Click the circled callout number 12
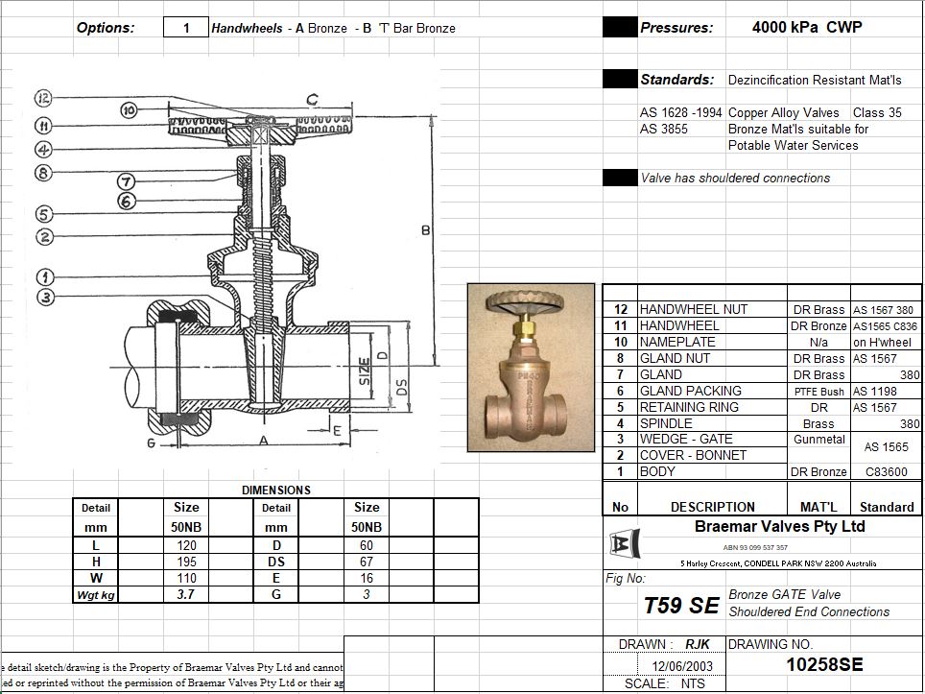click(x=43, y=98)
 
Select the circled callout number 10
click(x=130, y=110)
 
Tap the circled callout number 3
click(x=45, y=298)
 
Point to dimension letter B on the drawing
click(x=425, y=230)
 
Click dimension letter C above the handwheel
click(x=312, y=99)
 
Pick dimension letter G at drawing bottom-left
click(x=152, y=443)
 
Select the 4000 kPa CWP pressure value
click(x=806, y=27)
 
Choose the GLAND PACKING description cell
click(x=690, y=391)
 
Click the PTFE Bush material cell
click(x=818, y=391)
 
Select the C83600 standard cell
click(x=886, y=471)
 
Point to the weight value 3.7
click(x=186, y=594)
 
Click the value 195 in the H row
click(x=186, y=562)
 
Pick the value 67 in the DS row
click(x=367, y=562)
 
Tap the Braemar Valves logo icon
click(x=620, y=543)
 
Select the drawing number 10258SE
click(x=824, y=664)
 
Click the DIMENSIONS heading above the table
click(x=275, y=490)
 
